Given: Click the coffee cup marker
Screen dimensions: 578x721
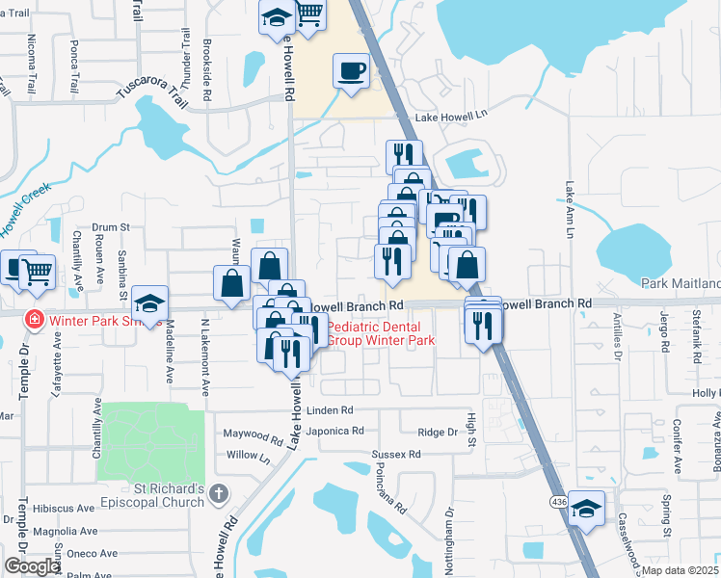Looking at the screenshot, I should click(350, 70).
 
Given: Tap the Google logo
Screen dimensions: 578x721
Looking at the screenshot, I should click(32, 566).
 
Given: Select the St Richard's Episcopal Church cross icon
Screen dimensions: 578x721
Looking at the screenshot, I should click(219, 494).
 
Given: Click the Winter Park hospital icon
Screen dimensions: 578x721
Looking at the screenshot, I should click(34, 319).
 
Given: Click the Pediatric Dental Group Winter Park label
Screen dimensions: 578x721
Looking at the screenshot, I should click(381, 333).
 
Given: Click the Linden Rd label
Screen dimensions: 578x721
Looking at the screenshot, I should click(330, 410).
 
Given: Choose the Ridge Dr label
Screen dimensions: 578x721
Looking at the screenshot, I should click(438, 433).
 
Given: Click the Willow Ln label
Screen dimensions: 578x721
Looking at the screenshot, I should click(248, 455).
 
